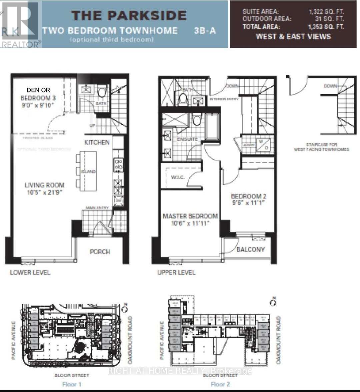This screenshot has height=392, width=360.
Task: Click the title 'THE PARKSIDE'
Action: [129, 16]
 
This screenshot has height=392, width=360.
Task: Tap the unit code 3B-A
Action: [205, 31]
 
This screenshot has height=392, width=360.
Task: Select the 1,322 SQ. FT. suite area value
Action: [326, 12]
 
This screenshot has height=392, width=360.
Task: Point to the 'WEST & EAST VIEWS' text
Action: [293, 37]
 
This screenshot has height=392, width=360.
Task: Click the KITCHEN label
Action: [97, 142]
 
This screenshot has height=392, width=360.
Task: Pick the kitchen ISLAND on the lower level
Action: [88, 171]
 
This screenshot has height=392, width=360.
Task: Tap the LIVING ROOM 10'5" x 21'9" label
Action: [45, 188]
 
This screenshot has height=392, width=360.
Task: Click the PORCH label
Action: [100, 252]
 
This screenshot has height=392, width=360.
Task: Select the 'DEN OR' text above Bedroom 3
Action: [38, 90]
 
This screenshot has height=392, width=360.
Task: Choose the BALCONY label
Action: [250, 249]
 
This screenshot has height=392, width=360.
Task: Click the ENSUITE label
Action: [187, 139]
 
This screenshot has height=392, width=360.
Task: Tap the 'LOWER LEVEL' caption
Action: [30, 273]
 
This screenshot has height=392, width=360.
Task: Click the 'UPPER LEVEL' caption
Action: [176, 273]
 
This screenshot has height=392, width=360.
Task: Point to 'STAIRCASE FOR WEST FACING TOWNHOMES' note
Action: [321, 147]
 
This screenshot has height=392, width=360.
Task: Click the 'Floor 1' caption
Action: [72, 384]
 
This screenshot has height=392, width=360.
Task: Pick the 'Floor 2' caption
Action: [220, 384]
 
